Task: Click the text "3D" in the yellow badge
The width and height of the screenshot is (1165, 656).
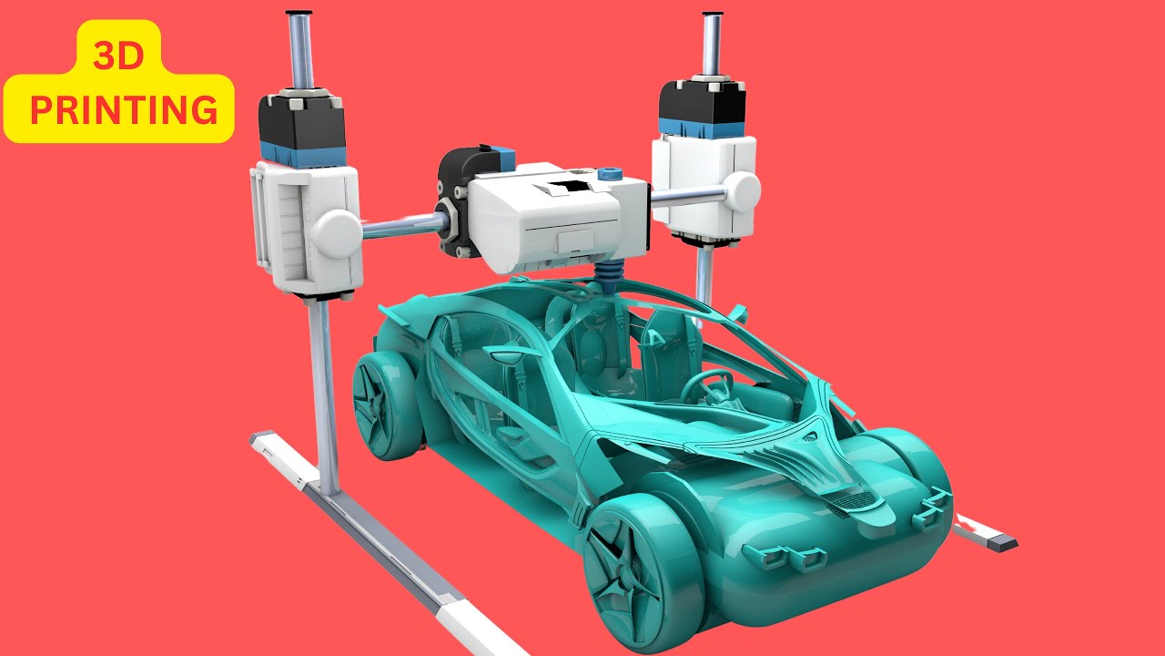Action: (118, 56)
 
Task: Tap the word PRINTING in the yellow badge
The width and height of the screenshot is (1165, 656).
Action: (124, 110)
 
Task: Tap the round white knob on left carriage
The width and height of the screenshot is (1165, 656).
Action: (336, 233)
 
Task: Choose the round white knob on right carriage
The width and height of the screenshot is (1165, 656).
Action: (744, 191)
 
